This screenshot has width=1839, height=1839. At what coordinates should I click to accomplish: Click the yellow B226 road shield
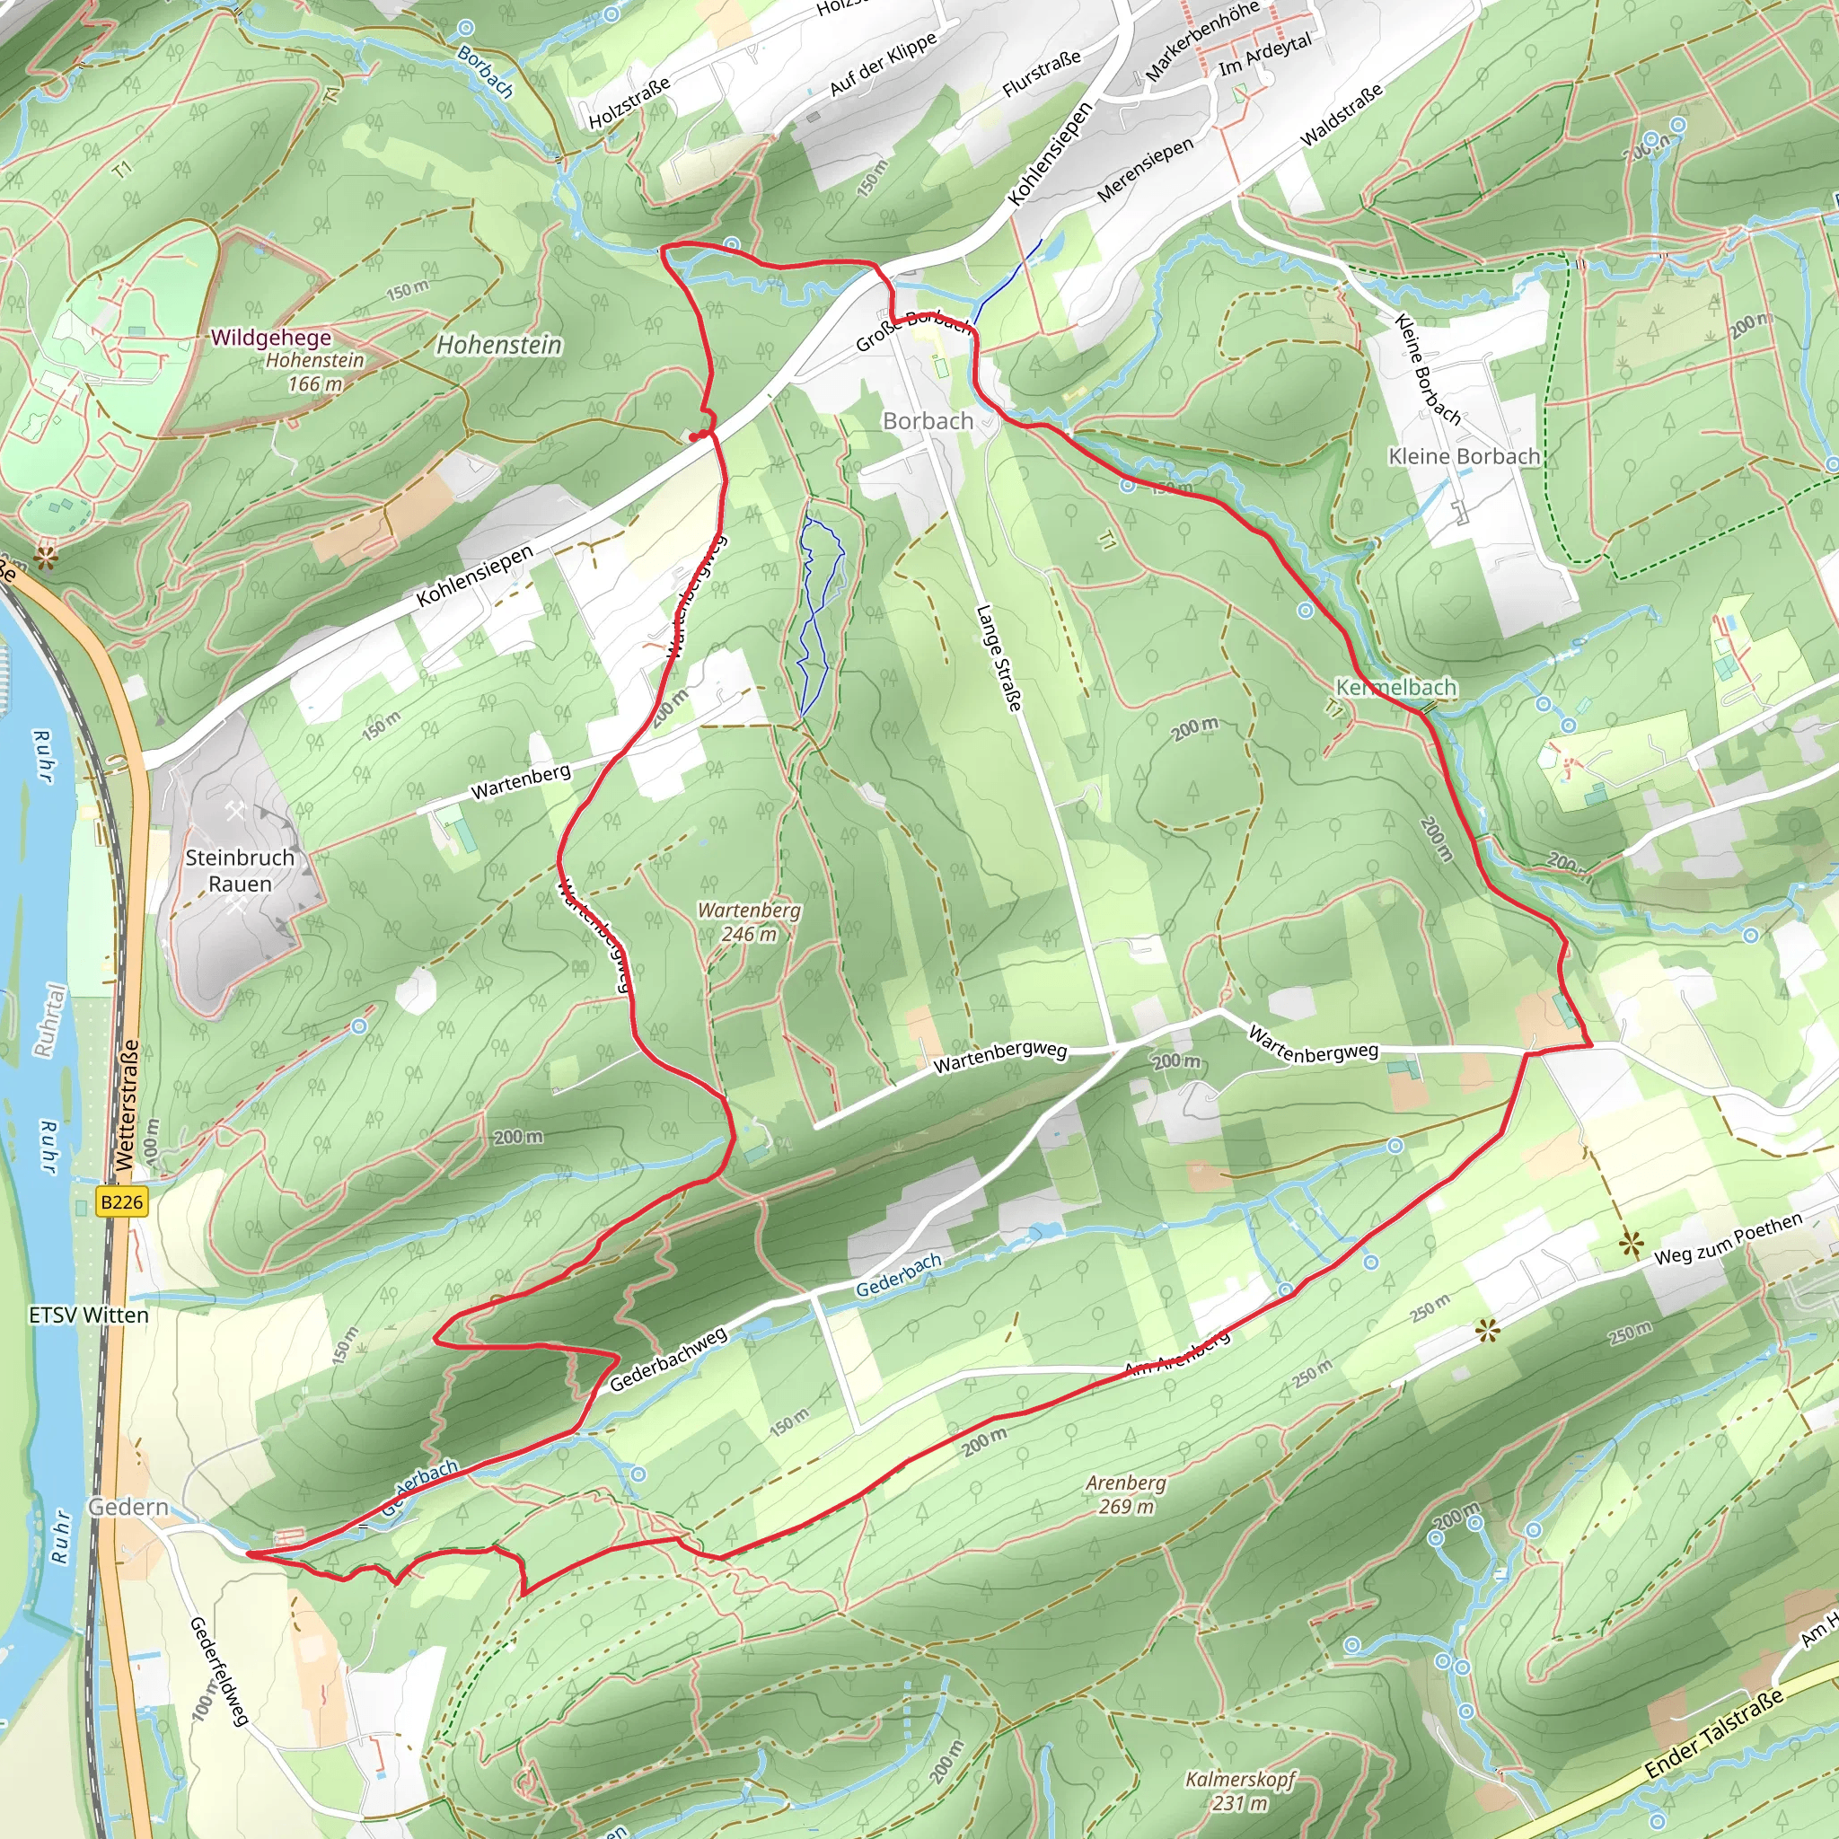(x=122, y=1202)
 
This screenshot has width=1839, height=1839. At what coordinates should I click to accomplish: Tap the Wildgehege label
(x=271, y=337)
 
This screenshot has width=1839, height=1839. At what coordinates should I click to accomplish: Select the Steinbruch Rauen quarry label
(x=240, y=870)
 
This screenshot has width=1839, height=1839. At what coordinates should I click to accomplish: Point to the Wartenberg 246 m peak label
(x=749, y=921)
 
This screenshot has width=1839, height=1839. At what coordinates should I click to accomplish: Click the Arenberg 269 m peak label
(x=1126, y=1493)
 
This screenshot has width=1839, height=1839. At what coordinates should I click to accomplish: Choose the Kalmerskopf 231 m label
(x=1240, y=1791)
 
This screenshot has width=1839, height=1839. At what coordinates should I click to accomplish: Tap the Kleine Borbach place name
(x=1464, y=456)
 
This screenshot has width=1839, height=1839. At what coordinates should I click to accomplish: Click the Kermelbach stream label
(x=1396, y=686)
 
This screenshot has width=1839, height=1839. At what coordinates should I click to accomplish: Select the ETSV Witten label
(x=89, y=1315)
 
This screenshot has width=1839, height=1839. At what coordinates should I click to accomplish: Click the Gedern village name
(x=128, y=1507)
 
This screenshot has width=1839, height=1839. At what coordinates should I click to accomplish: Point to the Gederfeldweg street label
(x=219, y=1671)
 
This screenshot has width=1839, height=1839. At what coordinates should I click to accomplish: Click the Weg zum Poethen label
(x=1728, y=1238)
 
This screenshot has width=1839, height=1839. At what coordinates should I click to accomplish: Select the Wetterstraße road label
(x=128, y=1104)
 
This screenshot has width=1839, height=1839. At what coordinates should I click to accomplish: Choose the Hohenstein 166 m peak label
(x=315, y=371)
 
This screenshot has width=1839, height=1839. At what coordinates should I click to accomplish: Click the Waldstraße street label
(x=1342, y=115)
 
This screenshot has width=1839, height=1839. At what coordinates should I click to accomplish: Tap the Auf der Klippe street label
(x=884, y=63)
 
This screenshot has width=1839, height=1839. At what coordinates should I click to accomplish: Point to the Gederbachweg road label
(x=668, y=1359)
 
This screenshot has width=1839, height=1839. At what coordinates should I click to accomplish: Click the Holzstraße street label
(x=629, y=102)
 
